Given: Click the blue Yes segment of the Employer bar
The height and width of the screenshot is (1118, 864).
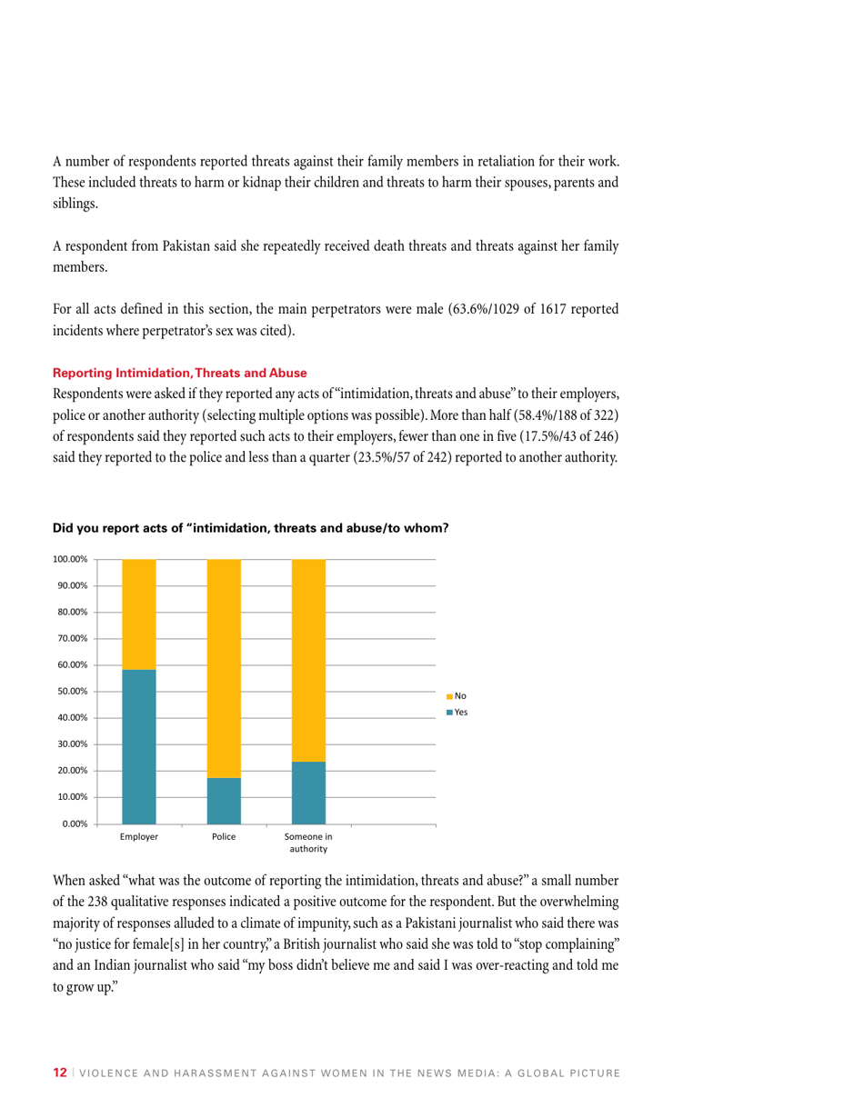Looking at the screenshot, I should (x=139, y=746).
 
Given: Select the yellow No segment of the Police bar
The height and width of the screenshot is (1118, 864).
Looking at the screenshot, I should (x=224, y=668).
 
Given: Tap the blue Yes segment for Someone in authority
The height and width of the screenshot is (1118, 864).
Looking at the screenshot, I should (x=308, y=793).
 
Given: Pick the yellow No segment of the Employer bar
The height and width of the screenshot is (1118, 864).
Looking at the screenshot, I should (x=139, y=614).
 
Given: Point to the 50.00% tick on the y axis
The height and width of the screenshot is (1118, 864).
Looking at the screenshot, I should (x=69, y=692).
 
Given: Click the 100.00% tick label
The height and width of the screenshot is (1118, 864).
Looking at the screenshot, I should (x=67, y=559).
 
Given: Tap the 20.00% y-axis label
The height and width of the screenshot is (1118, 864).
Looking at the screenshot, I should (x=69, y=771).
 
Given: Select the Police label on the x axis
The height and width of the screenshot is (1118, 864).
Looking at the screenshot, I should (x=224, y=837).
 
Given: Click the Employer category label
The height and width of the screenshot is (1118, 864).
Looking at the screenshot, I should (x=139, y=837).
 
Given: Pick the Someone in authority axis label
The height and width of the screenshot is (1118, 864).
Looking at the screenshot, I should (x=308, y=843).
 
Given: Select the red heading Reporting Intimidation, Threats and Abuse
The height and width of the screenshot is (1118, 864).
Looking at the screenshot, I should (x=180, y=374).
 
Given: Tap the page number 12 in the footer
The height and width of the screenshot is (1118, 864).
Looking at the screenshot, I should (x=60, y=1073).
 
